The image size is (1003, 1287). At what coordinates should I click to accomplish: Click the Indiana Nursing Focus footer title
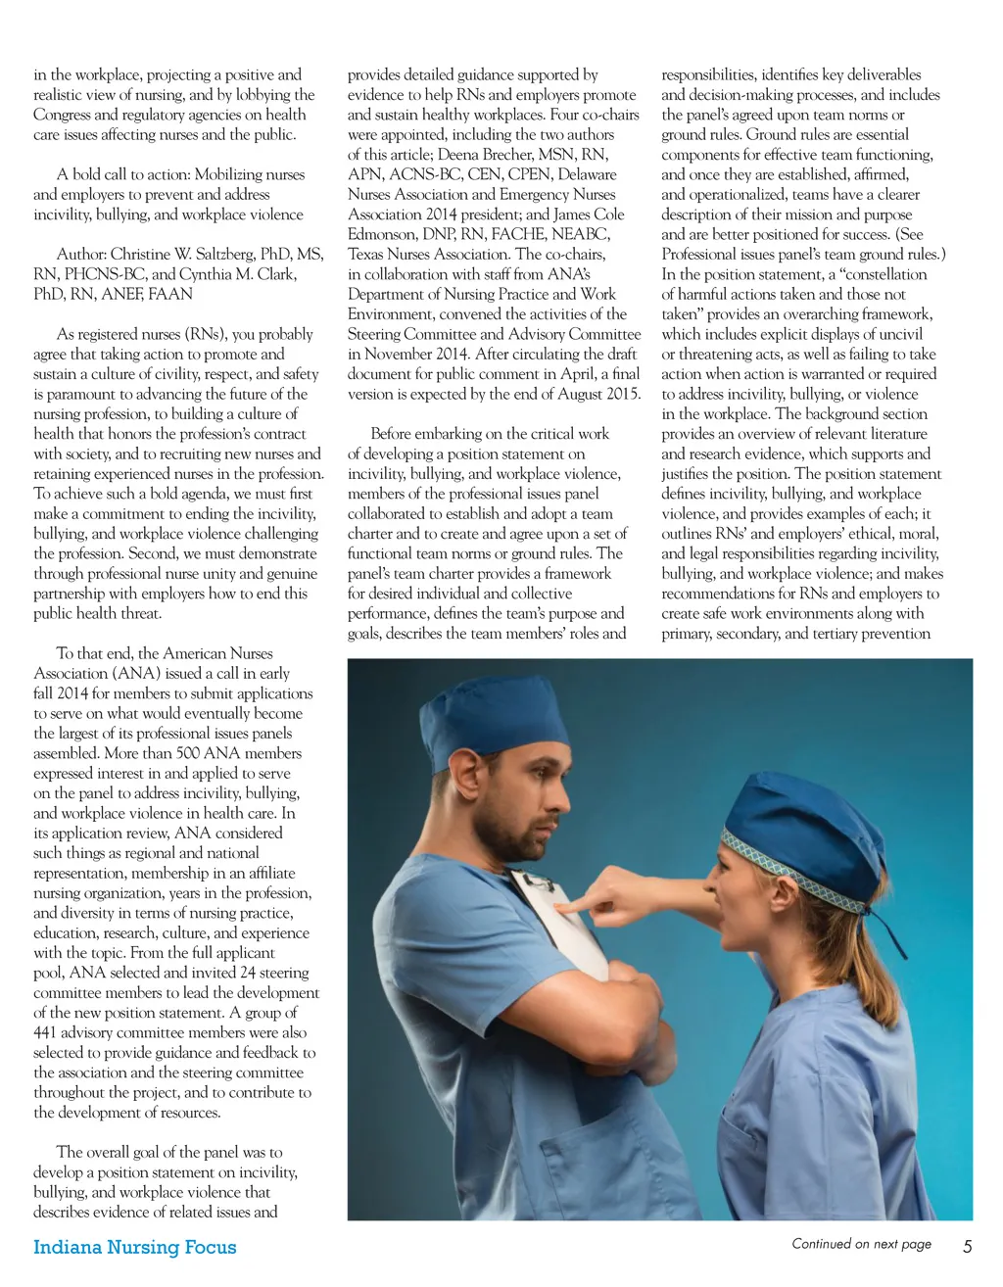(x=134, y=1247)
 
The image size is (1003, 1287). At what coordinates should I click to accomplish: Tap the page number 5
(x=967, y=1247)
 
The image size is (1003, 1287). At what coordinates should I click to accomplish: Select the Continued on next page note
(x=861, y=1244)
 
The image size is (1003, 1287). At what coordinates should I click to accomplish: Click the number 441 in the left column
(x=48, y=1032)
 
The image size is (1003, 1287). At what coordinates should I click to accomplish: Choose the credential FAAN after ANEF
(x=170, y=294)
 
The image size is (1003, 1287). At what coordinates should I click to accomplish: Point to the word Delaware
(x=587, y=174)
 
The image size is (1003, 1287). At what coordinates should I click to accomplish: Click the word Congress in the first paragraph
(x=62, y=115)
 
